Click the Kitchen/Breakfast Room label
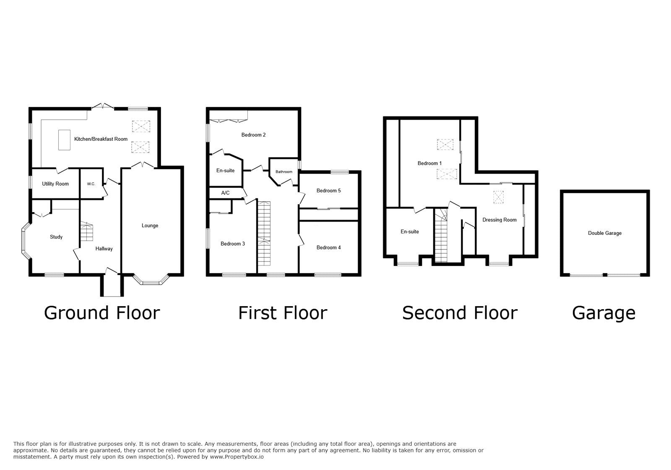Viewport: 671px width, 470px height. point(101,139)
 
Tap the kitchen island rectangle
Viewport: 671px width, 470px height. point(64,140)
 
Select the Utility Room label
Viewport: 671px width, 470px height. point(55,184)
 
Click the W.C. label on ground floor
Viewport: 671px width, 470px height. point(91,184)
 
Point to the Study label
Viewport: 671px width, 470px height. point(56,237)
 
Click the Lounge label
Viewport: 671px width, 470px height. point(150,226)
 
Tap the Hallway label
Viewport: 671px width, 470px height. point(104,249)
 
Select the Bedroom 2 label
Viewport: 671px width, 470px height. point(253,135)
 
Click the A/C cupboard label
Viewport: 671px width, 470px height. point(225,193)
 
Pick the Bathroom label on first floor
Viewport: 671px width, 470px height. point(284,172)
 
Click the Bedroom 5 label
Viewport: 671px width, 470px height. point(328,191)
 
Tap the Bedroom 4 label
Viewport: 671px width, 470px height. point(328,247)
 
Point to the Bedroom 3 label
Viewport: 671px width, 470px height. point(233,244)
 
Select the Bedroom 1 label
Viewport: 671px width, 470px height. point(429,163)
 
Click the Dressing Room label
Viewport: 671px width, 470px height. point(499,220)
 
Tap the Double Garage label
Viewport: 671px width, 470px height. point(604,233)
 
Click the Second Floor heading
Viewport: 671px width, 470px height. point(460,313)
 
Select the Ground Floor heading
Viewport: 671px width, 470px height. point(102,313)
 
